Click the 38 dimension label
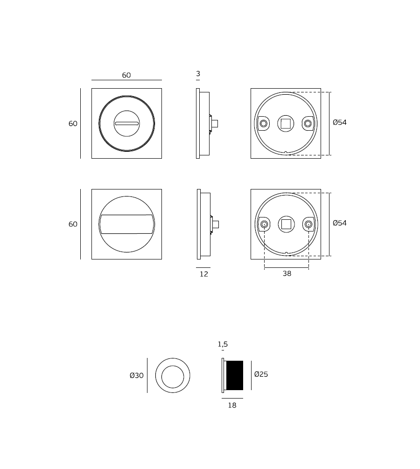(287, 273)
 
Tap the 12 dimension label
(204, 274)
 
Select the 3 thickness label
(198, 74)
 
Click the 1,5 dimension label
(223, 344)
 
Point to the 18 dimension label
(232, 405)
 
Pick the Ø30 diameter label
(137, 375)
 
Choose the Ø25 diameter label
(261, 374)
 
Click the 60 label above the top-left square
(126, 75)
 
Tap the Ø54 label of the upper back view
(340, 122)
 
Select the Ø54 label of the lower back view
(340, 223)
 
